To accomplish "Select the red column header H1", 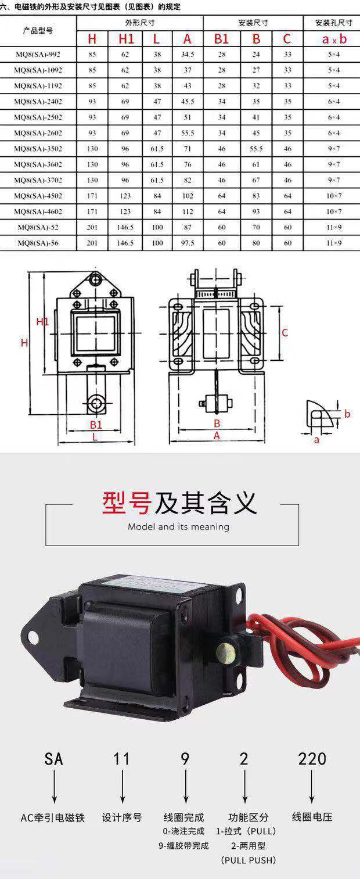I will click(126, 40).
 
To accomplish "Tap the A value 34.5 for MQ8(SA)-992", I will click(187, 55).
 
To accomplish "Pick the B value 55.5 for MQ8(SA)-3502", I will click(256, 149).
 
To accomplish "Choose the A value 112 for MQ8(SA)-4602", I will click(187, 211).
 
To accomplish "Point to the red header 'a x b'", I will click(334, 40).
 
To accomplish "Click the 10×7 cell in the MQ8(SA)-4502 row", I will click(334, 196).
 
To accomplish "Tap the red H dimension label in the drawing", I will click(24, 343).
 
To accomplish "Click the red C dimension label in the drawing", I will click(285, 332).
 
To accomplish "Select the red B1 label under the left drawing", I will click(96, 425).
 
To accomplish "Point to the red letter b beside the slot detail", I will click(347, 414).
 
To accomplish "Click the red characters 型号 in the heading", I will click(127, 503).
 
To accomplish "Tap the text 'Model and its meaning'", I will click(178, 527).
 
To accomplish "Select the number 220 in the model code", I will click(312, 759).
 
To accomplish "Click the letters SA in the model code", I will click(53, 759).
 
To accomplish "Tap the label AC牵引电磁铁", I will click(53, 817).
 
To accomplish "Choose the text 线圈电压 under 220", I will click(312, 817).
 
